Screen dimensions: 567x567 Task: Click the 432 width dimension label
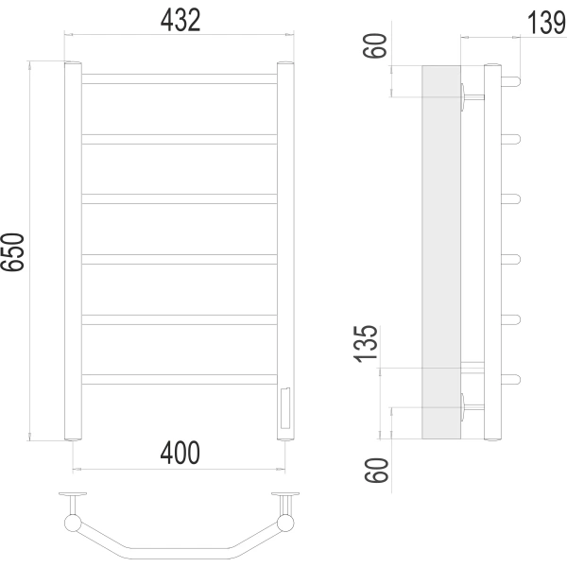[180, 20]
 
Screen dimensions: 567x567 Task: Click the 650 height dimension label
[12, 252]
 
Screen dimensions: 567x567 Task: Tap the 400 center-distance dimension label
[180, 453]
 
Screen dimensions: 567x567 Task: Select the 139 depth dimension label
[546, 23]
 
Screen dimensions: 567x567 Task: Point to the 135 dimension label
[366, 344]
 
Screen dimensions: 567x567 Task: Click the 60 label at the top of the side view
[375, 45]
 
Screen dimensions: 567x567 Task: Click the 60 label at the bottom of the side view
[376, 470]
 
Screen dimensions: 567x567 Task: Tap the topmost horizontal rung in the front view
[180, 78]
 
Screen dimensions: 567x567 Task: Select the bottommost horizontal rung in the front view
[180, 379]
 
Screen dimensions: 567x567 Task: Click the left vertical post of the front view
[73, 251]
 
